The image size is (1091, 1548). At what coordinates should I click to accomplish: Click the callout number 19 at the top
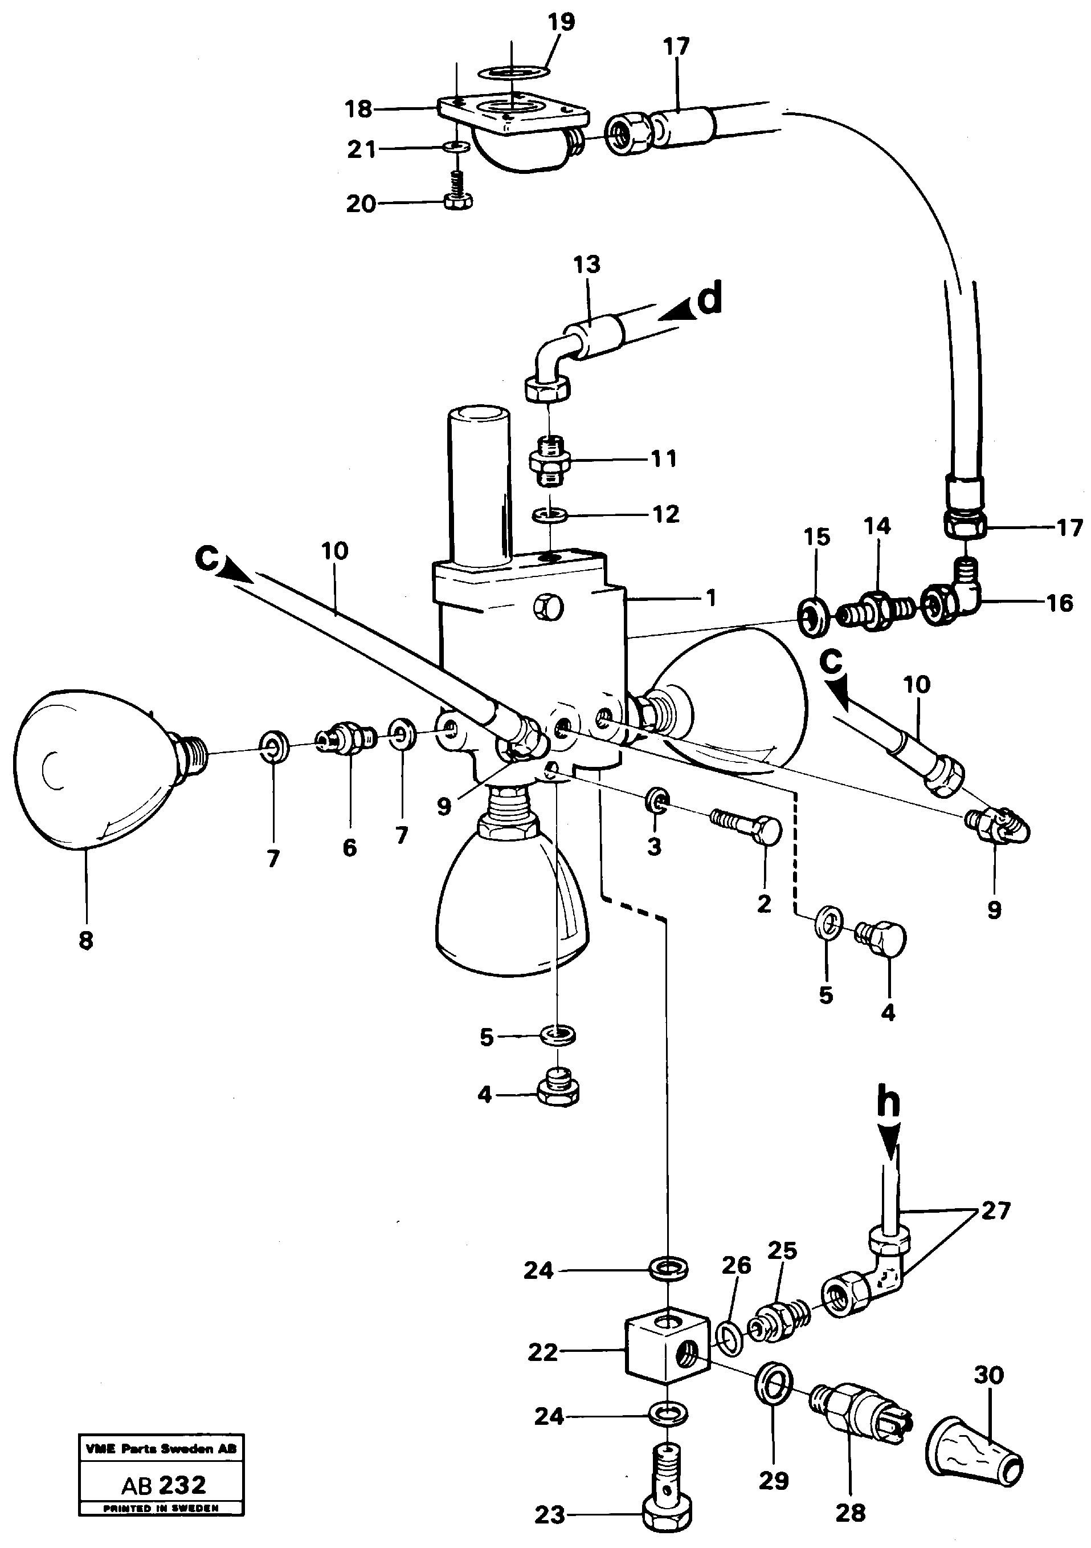click(561, 22)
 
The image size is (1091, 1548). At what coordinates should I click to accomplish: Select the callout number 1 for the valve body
click(711, 598)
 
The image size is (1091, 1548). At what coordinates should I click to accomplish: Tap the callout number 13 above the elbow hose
click(586, 265)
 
